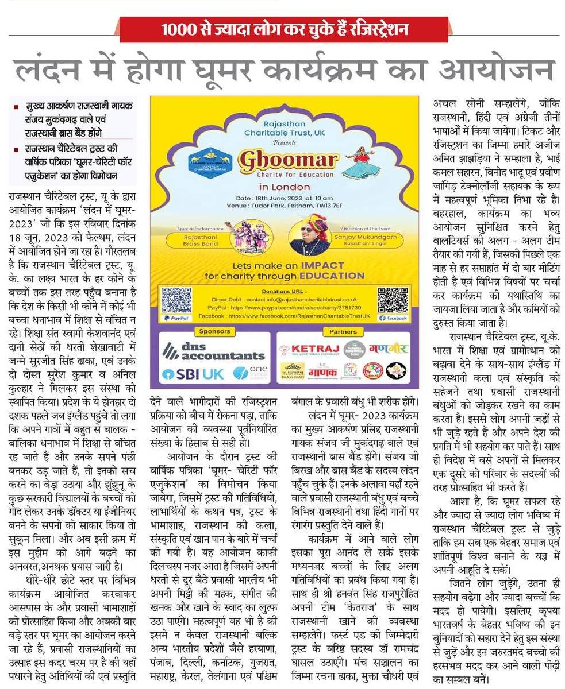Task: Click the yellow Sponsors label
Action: pos(214,331)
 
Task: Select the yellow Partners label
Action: pos(343,331)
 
